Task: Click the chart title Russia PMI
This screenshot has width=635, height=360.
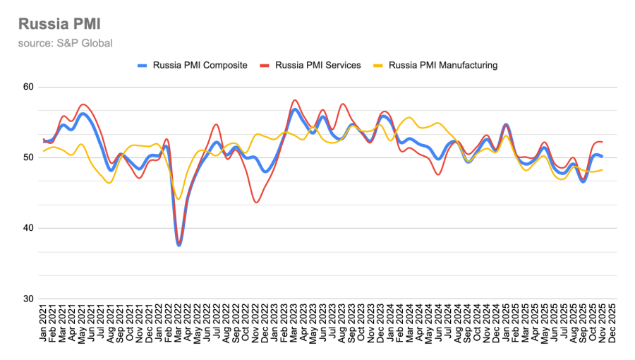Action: coord(59,24)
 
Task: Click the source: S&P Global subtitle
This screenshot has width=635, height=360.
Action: coord(66,43)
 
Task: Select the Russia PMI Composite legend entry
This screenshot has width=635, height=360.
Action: coord(192,65)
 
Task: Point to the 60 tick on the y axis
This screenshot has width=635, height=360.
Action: coord(28,87)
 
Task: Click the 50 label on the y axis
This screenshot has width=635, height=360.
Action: coord(28,157)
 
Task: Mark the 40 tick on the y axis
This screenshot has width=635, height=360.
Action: coord(28,228)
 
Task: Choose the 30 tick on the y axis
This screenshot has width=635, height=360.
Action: coord(28,299)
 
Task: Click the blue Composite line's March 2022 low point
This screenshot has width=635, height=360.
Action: coord(179,245)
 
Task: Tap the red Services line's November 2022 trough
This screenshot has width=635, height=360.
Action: coord(256,203)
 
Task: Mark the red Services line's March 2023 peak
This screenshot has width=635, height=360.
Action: coord(294,100)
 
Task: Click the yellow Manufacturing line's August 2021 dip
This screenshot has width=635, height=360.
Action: coord(110,183)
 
